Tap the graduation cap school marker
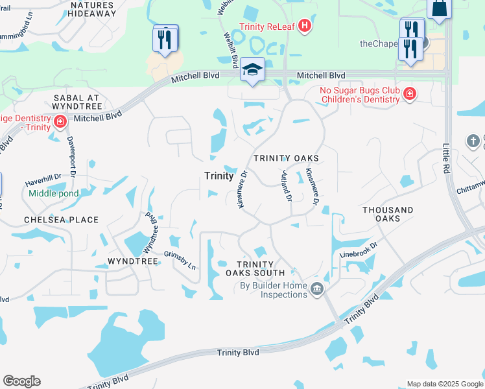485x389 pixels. [252, 71]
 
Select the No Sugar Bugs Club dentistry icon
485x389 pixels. [409, 95]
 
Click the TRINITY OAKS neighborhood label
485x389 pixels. [286, 158]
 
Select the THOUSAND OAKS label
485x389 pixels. [388, 215]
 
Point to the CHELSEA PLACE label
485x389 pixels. [61, 220]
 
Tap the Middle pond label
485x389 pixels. [53, 193]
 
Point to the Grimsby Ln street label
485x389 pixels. [180, 260]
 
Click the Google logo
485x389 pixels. [21, 381]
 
